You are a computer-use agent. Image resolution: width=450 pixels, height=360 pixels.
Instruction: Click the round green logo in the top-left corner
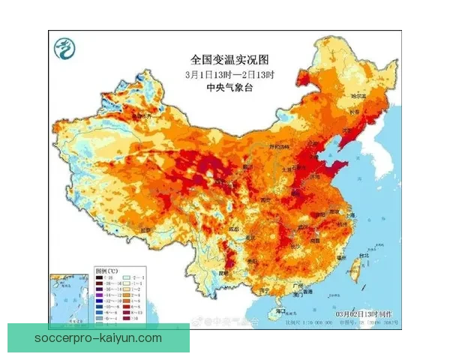[65, 50]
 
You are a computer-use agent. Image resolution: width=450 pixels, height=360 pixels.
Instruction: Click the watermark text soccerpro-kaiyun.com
[98, 338]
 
